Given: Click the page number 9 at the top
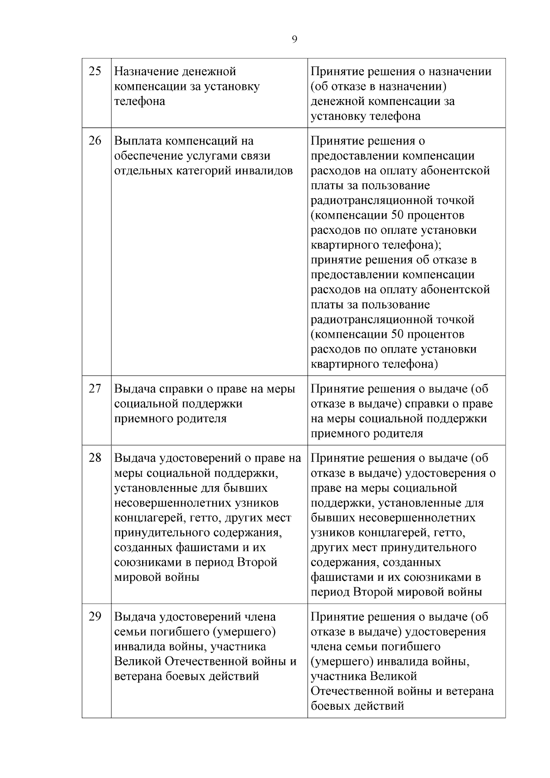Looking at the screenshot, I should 294,39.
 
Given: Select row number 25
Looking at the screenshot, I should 94,72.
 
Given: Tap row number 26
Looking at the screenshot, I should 94,141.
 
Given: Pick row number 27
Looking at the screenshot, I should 94,389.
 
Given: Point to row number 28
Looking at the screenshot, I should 94,458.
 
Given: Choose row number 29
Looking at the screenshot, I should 94,617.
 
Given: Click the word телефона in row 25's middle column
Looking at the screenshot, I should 139,101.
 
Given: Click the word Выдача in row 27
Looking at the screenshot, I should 134,389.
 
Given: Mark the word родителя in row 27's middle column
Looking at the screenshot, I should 204,419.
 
